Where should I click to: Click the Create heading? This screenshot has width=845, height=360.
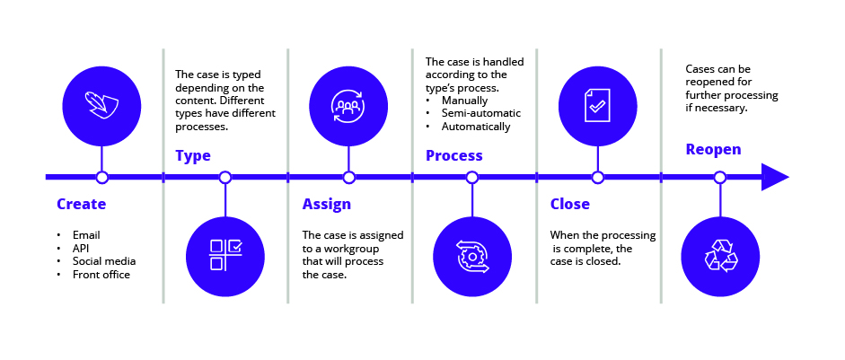pyautogui.click(x=81, y=205)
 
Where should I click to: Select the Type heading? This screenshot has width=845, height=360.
pyautogui.click(x=192, y=156)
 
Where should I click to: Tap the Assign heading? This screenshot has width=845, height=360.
pyautogui.click(x=326, y=205)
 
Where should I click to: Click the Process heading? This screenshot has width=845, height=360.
pyautogui.click(x=453, y=156)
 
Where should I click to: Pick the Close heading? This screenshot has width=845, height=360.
pyautogui.click(x=569, y=205)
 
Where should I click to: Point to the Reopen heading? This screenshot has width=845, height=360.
pyautogui.click(x=713, y=150)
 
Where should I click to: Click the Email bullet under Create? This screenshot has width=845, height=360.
pyautogui.click(x=86, y=234)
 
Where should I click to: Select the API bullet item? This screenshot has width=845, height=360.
pyautogui.click(x=82, y=248)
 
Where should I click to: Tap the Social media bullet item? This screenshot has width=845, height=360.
pyautogui.click(x=104, y=261)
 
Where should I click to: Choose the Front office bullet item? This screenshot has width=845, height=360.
pyautogui.click(x=101, y=275)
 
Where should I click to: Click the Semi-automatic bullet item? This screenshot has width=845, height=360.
pyautogui.click(x=481, y=113)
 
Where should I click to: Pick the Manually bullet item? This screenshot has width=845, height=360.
pyautogui.click(x=465, y=100)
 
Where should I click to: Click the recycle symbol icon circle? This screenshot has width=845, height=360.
pyautogui.click(x=720, y=255)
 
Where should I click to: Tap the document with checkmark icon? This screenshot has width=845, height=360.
pyautogui.click(x=597, y=105)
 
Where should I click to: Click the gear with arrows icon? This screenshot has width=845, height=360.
pyautogui.click(x=471, y=256)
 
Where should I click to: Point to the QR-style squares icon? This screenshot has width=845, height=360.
pyautogui.click(x=224, y=256)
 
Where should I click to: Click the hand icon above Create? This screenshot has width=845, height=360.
pyautogui.click(x=101, y=105)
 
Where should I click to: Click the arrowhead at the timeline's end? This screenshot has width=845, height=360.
pyautogui.click(x=774, y=178)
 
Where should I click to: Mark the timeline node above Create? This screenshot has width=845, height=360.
pyautogui.click(x=101, y=178)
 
